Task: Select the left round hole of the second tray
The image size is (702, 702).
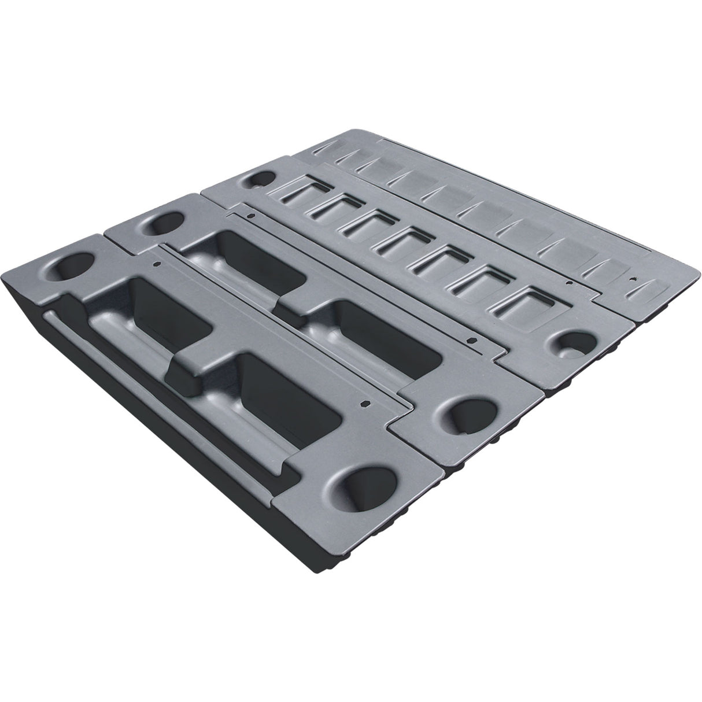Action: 163,223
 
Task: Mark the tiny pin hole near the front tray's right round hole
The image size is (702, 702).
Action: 366,402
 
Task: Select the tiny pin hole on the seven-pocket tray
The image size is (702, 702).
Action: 570,284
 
